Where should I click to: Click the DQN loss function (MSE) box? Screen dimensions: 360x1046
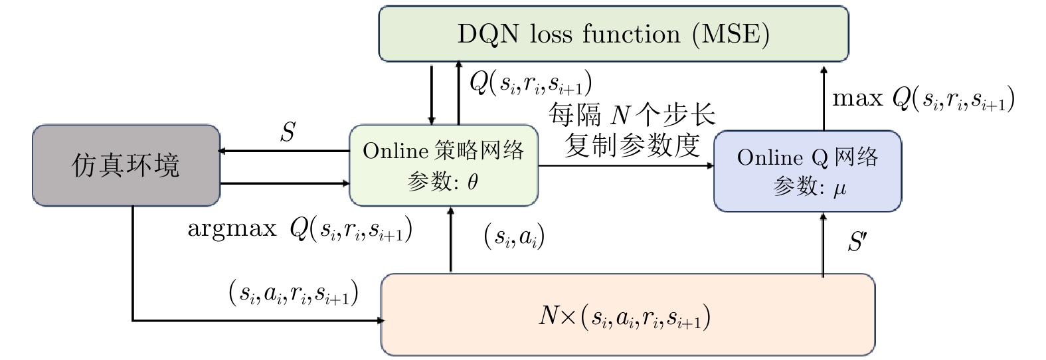(613, 34)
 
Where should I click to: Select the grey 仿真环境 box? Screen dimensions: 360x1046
(126, 165)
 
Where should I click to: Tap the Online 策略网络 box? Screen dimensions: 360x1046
(444, 165)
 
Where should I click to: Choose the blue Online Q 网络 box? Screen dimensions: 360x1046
(808, 171)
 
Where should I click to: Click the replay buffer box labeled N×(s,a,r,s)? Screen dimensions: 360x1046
(628, 314)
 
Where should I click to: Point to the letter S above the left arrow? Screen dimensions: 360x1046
(287, 133)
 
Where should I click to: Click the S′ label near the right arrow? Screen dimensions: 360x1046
(857, 242)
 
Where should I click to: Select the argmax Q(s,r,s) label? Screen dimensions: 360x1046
(300, 230)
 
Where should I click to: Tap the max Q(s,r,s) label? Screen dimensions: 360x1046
(923, 100)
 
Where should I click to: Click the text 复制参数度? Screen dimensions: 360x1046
(632, 145)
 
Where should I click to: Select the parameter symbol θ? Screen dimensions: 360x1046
(472, 183)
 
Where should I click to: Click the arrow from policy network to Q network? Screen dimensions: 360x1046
(624, 165)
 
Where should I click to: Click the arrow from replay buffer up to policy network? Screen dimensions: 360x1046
(451, 239)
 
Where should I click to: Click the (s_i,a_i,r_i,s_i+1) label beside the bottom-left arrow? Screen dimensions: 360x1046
(294, 293)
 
